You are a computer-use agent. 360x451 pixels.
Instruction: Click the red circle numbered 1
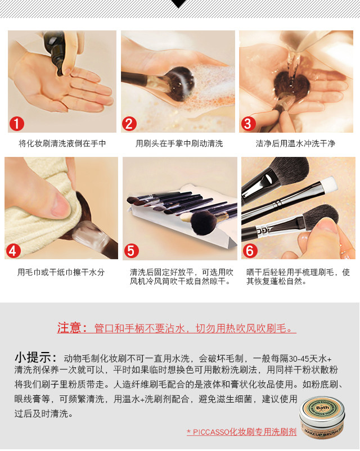tap(17, 124)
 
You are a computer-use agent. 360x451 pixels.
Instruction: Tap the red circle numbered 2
tap(129, 124)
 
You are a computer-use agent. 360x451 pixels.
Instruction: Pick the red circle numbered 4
tap(13, 251)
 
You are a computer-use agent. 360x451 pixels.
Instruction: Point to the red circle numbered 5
tap(131, 251)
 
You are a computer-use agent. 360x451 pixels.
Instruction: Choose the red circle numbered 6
tap(250, 251)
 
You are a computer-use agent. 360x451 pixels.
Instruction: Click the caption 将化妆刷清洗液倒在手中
tap(62, 143)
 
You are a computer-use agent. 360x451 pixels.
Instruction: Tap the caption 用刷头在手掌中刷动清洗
tap(179, 143)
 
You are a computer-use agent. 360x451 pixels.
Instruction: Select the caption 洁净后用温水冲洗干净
tap(295, 143)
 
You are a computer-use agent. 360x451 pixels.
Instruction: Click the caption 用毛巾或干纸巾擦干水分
tap(61, 272)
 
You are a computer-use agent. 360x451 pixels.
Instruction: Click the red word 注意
tap(68, 328)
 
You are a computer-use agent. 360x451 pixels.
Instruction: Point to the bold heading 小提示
tap(32, 358)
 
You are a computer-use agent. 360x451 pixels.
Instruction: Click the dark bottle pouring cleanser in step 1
tap(56, 49)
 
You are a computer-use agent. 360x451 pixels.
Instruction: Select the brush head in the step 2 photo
tap(179, 83)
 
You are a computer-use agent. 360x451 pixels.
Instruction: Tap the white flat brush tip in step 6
tap(328, 184)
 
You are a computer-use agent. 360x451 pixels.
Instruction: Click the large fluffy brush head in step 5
tap(204, 223)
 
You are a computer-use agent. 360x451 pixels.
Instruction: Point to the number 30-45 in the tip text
tap(299, 359)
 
